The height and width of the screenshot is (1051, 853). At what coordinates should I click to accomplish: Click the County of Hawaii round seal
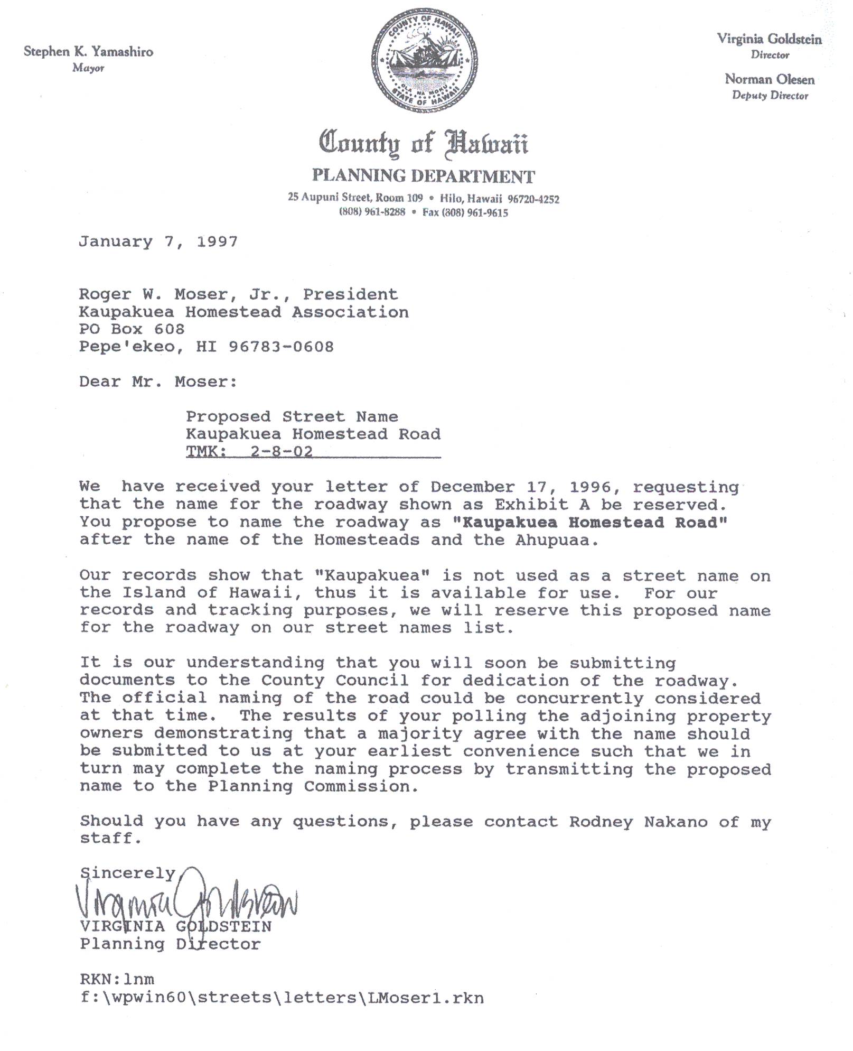(425, 60)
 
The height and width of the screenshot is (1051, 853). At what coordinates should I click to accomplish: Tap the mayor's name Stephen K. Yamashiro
(88, 52)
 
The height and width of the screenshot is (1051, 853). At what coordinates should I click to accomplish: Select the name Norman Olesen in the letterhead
(769, 79)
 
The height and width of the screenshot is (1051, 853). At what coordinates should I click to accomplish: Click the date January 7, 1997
(158, 242)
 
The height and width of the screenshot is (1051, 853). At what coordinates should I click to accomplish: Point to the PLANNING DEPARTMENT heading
(424, 176)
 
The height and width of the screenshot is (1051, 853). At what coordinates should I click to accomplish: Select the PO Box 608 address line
(132, 329)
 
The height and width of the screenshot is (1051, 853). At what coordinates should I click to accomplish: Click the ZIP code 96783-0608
(281, 347)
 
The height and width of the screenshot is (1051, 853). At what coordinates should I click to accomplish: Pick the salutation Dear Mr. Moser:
(158, 382)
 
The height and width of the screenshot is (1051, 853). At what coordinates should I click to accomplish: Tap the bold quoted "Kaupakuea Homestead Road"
(590, 522)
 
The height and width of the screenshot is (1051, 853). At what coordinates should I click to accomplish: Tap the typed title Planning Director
(170, 944)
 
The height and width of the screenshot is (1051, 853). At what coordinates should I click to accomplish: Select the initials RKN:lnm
(117, 979)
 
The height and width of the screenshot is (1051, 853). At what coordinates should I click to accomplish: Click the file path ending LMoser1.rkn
(282, 998)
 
